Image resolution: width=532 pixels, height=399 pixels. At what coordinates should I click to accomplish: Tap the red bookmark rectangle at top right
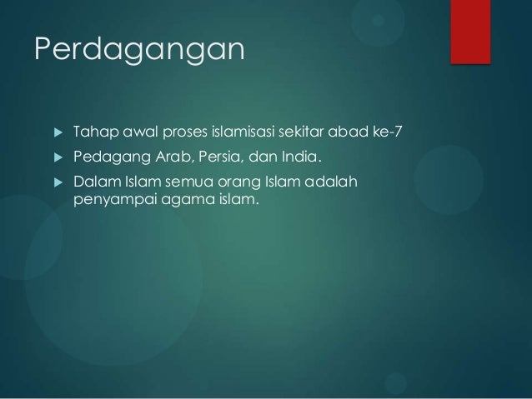[482, 29]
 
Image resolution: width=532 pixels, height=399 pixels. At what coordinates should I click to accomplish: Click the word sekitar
[313, 132]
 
